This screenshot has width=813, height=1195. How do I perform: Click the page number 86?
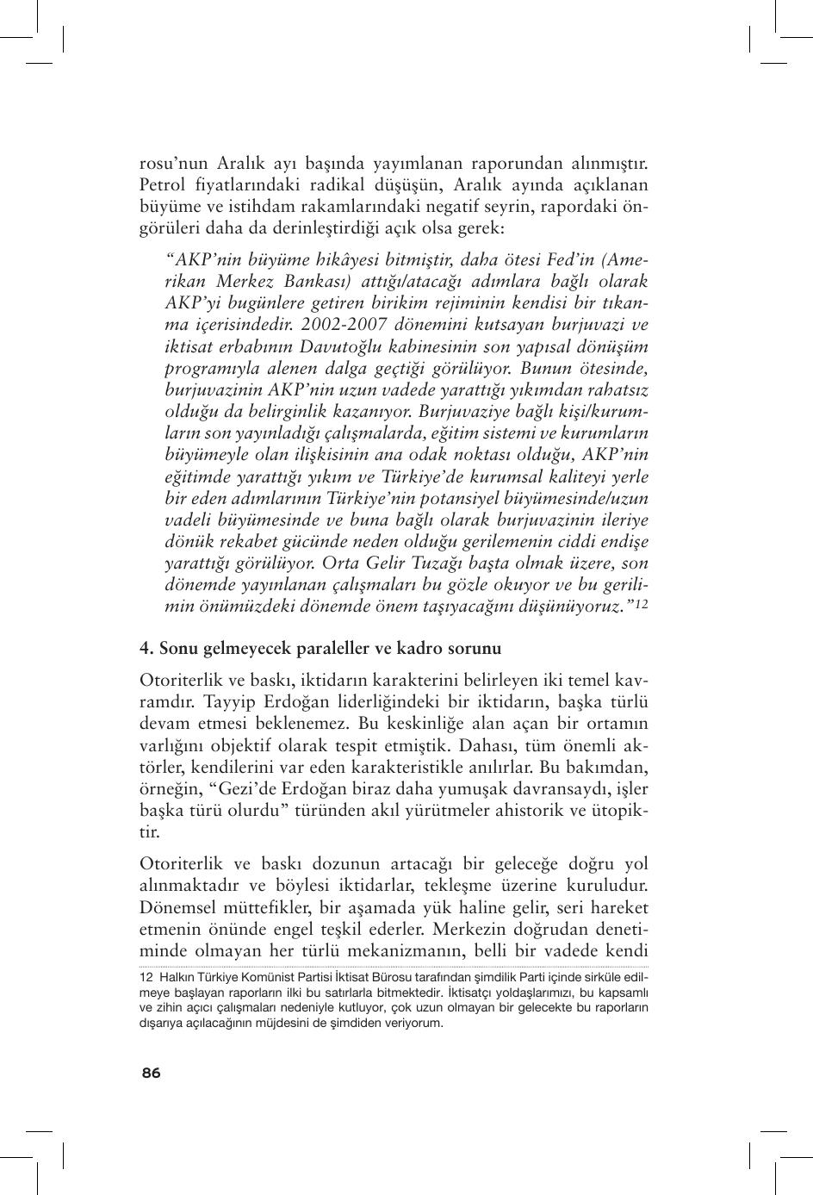coord(151,1073)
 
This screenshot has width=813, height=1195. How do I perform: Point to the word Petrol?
coord(162,184)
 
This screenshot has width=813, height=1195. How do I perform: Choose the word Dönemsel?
coord(180,907)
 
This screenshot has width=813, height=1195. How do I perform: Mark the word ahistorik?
coord(529,810)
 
